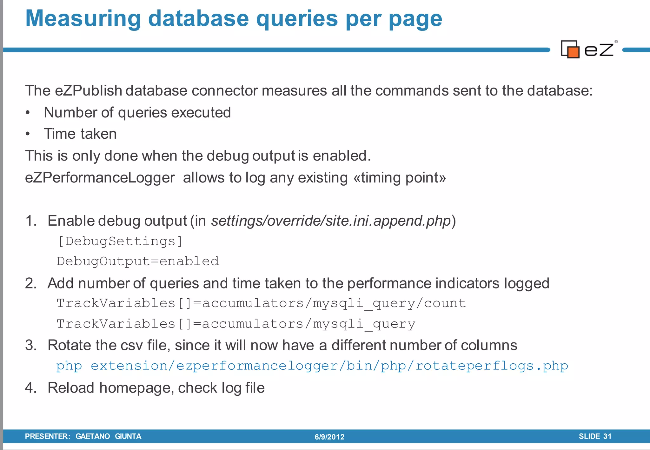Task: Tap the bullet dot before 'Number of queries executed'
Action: point(28,113)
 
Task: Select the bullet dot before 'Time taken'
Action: point(28,134)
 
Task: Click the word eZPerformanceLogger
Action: point(100,178)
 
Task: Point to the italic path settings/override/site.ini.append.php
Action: point(331,221)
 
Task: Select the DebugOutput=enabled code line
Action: point(138,261)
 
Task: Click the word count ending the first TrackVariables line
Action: point(445,303)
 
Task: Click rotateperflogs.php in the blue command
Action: point(492,366)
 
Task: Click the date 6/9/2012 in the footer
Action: point(329,437)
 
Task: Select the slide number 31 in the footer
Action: point(607,436)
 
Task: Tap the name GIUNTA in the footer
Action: point(128,436)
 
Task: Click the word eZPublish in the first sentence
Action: point(89,91)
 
